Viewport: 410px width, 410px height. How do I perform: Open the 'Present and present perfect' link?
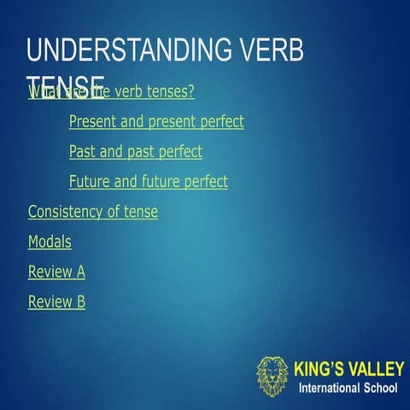(x=156, y=121)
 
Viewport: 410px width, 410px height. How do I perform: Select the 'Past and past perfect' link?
(x=136, y=152)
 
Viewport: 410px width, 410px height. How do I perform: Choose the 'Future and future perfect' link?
(x=149, y=182)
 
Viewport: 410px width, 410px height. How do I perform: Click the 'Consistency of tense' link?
(x=93, y=212)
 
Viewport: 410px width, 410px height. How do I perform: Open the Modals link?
(x=50, y=242)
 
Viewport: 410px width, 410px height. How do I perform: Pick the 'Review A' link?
(x=56, y=272)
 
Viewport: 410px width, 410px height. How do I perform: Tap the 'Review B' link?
(x=56, y=302)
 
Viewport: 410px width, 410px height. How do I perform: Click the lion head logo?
(x=272, y=377)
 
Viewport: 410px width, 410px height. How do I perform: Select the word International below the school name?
(x=329, y=389)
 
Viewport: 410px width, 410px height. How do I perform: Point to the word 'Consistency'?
(x=66, y=212)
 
